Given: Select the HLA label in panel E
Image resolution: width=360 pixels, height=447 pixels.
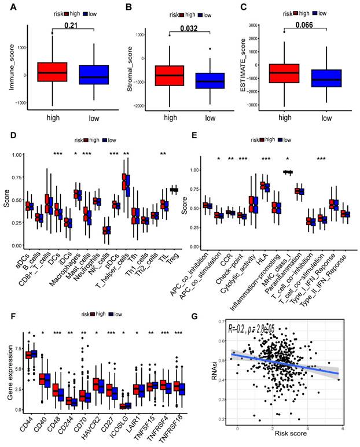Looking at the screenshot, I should (261, 259).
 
